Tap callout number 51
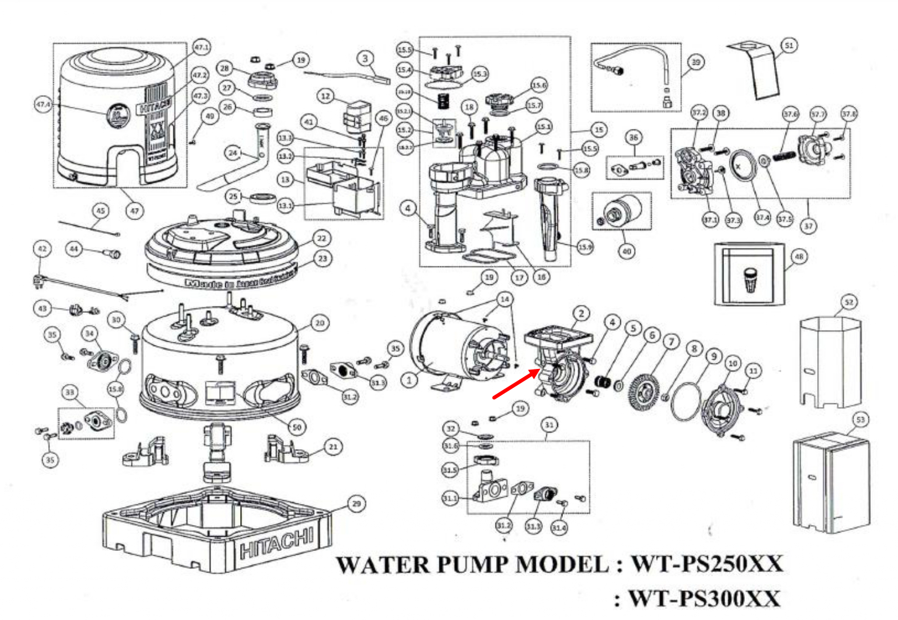pos(788,45)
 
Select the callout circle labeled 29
pos(356,503)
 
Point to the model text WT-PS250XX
pos(707,564)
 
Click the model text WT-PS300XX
pos(704,598)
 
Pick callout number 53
pos(860,420)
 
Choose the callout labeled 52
pos(849,302)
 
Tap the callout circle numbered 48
pos(799,256)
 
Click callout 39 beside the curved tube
pos(696,62)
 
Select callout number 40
pos(626,251)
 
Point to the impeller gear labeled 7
pos(645,389)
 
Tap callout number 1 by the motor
pos(409,380)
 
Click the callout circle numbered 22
pos(322,238)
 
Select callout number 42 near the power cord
pos(42,249)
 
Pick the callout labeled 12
pos(325,96)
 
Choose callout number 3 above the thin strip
pos(365,59)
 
